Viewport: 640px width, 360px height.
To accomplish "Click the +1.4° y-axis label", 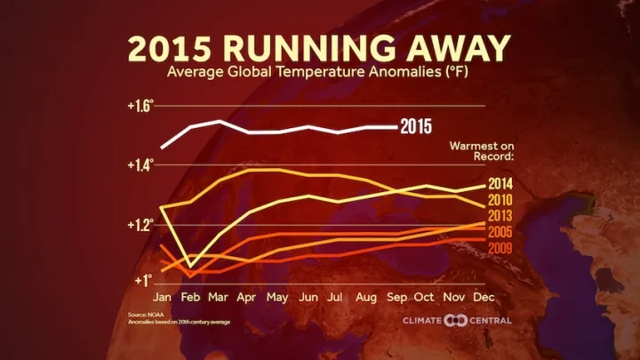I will pyautogui.click(x=140, y=164).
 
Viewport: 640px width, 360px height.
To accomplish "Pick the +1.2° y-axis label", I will pyautogui.click(x=140, y=224).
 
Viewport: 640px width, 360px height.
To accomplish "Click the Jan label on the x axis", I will pyautogui.click(x=163, y=296).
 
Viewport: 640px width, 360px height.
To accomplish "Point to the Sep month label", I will pyautogui.click(x=396, y=296).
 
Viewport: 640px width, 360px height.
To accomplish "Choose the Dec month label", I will pyautogui.click(x=484, y=296).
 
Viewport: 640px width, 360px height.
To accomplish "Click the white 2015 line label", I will pyautogui.click(x=422, y=126).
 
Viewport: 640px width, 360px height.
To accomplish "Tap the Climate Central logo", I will pyautogui.click(x=456, y=320).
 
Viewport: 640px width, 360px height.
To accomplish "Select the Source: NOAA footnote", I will pyautogui.click(x=148, y=315).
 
